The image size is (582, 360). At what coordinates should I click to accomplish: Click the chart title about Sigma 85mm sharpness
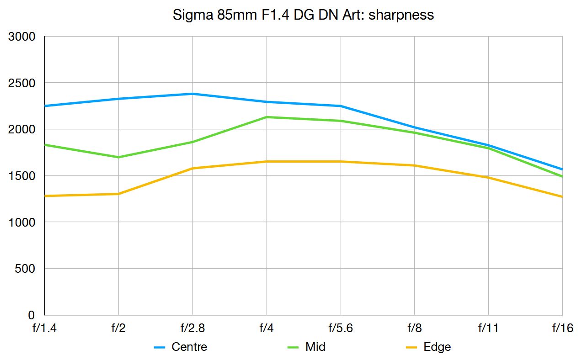303,15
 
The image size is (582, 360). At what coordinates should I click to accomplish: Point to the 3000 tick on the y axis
22,37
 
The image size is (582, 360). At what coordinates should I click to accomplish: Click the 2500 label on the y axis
22,83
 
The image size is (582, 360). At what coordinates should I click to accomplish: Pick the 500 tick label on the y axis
25,269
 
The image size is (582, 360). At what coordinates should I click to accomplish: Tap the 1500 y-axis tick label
22,176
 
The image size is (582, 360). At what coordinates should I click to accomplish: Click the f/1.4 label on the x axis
44,328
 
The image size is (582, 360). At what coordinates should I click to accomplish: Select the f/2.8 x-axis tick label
192,328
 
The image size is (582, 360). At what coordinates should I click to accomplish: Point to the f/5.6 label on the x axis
341,328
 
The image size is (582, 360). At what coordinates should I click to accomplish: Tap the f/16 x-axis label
562,328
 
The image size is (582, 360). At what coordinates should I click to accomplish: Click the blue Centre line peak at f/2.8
192,94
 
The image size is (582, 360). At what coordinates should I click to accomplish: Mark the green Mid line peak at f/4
267,117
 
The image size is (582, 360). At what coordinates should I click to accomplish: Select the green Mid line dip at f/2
118,157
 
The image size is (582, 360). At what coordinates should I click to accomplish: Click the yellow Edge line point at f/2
118,194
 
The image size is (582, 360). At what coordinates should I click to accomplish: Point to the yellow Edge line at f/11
488,177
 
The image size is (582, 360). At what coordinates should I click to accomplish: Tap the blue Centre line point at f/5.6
341,106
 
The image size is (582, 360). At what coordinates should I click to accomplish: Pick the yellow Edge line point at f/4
267,161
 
